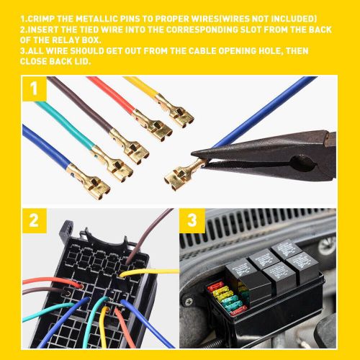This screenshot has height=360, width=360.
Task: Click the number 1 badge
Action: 33,91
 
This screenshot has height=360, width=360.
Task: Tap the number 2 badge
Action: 33,222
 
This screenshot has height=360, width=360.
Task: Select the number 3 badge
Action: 192,222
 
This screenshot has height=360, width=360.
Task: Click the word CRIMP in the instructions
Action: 40,18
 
